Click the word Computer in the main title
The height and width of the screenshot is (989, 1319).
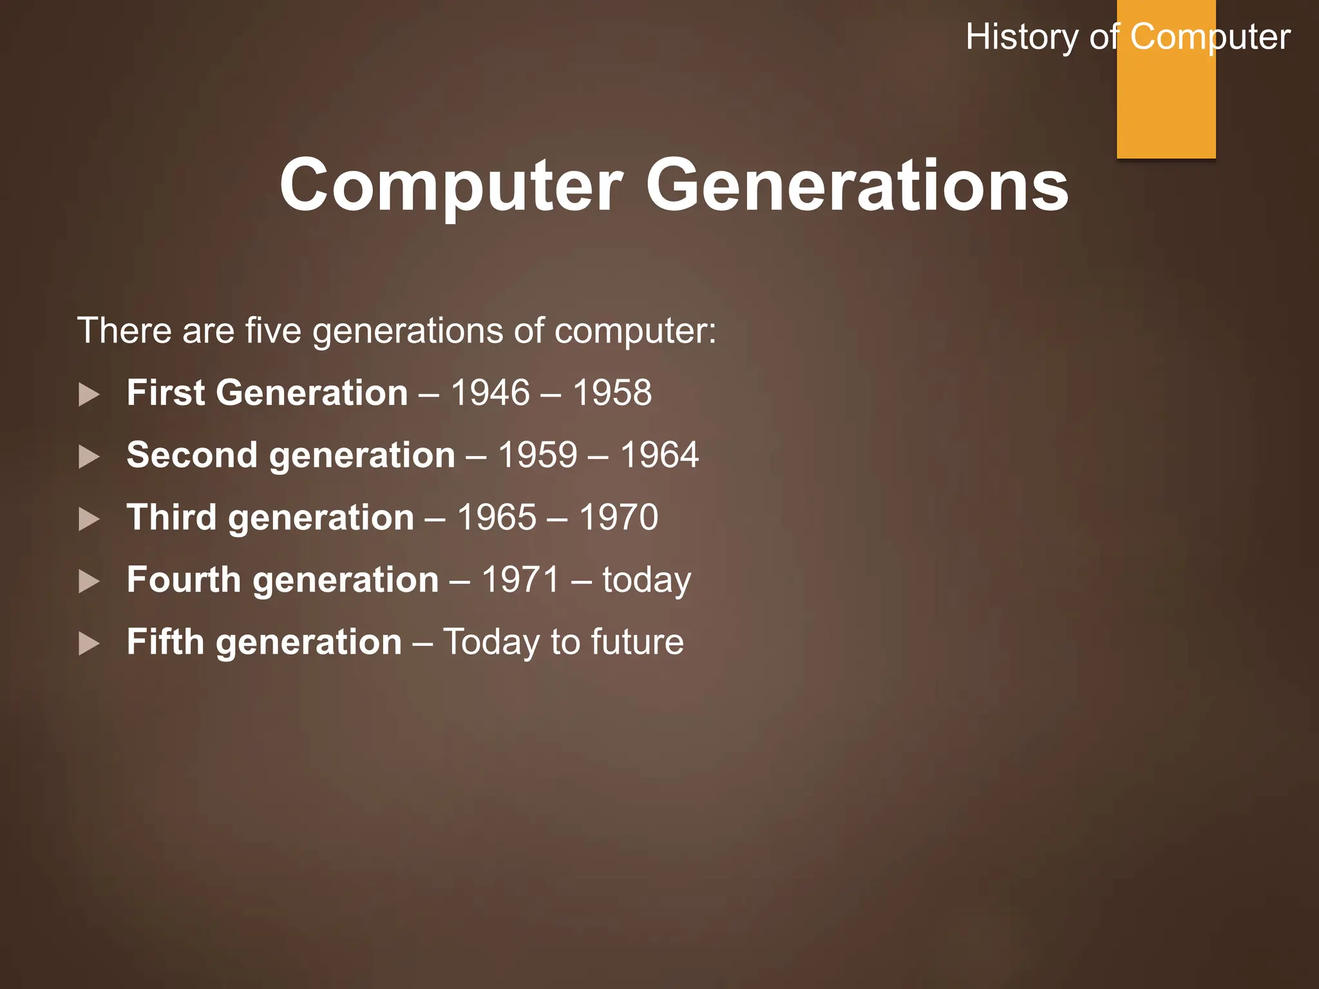pyautogui.click(x=451, y=187)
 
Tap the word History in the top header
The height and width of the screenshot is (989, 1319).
pyautogui.click(x=1021, y=37)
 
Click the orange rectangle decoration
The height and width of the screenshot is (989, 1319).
pyautogui.click(x=1166, y=103)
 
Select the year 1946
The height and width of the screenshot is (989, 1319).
pyautogui.click(x=490, y=393)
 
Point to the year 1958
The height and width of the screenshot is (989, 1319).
pyautogui.click(x=612, y=393)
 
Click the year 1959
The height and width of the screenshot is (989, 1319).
pyautogui.click(x=538, y=455)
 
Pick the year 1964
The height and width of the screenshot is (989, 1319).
pyautogui.click(x=659, y=455)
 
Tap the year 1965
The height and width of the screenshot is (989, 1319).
pyautogui.click(x=497, y=518)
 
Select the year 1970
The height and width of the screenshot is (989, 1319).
pyautogui.click(x=618, y=518)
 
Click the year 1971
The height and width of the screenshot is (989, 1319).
pyautogui.click(x=520, y=579)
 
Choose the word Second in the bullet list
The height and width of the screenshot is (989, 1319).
pyautogui.click(x=192, y=455)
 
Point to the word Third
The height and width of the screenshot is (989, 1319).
pyautogui.click(x=171, y=518)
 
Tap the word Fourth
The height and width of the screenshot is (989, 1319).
pyautogui.click(x=184, y=579)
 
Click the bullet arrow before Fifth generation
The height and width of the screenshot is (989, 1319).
pyautogui.click(x=89, y=643)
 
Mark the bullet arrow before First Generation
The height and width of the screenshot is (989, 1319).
pyautogui.click(x=89, y=394)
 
